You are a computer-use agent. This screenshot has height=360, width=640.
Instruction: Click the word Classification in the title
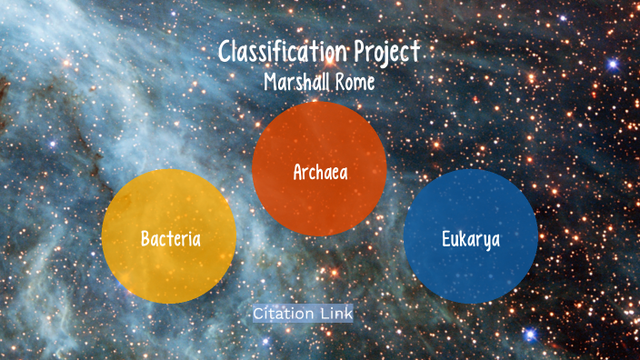coord(283,52)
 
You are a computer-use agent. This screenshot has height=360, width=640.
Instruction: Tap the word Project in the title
coord(386,53)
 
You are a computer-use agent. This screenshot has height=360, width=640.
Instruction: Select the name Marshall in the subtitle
coord(295,81)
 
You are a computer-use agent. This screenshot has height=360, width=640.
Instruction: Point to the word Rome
coord(355,81)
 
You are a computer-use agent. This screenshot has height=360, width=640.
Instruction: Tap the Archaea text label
coord(319,172)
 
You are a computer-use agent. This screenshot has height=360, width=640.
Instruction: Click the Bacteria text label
coord(170,239)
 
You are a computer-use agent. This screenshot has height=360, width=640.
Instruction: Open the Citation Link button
coord(303,314)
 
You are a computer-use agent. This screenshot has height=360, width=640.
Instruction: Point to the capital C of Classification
coord(226,52)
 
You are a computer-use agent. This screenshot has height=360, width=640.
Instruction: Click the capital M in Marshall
coord(270,81)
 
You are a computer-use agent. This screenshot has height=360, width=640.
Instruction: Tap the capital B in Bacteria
coord(145,239)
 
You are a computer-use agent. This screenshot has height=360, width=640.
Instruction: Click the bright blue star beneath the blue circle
coord(531,335)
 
